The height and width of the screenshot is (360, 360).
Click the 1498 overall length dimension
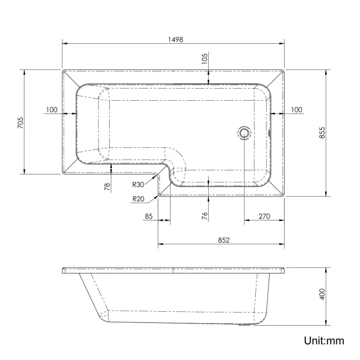[176, 39]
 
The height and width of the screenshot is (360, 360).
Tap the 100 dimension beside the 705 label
[52, 110]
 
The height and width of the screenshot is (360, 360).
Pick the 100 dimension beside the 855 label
[296, 110]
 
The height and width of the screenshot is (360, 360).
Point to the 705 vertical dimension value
[20, 121]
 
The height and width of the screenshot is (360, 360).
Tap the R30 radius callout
[138, 184]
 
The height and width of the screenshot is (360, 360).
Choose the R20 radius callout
[138, 199]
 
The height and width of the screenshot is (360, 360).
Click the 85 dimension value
[148, 217]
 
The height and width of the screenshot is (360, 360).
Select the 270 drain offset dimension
[264, 217]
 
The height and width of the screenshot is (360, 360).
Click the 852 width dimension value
[223, 240]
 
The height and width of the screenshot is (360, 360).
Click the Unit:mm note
[324, 341]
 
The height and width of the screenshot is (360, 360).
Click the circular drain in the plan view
[244, 132]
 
